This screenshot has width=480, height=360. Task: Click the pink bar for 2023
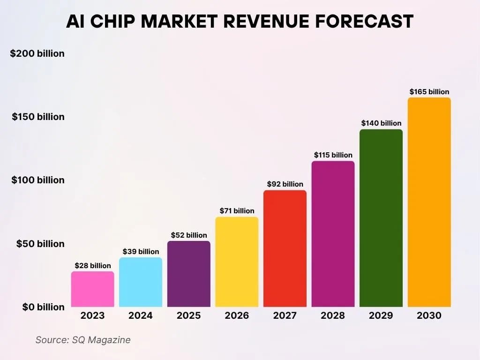coord(92,289)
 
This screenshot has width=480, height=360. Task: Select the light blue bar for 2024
coord(141,282)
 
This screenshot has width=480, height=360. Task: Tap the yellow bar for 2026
coord(237,262)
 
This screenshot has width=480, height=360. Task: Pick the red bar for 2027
coord(285,248)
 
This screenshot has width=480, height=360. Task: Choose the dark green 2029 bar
coord(381,218)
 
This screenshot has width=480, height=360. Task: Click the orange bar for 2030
coord(429,202)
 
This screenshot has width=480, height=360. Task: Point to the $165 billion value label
coord(429,92)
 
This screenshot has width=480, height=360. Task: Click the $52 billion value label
coord(189,235)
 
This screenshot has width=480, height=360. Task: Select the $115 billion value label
coord(333,155)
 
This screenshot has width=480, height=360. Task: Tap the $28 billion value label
coord(93,266)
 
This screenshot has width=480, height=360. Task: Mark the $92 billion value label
coord(285,184)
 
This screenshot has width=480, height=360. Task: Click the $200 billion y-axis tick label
coord(37,53)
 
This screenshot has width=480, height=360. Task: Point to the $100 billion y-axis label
coord(38,180)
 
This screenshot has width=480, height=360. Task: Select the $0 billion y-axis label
coord(43,307)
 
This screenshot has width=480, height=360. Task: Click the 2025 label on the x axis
coord(188,315)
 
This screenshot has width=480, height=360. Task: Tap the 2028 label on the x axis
coord(333,315)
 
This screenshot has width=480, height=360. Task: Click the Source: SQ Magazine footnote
coord(83,340)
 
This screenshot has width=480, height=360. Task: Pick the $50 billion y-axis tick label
coord(40,244)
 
